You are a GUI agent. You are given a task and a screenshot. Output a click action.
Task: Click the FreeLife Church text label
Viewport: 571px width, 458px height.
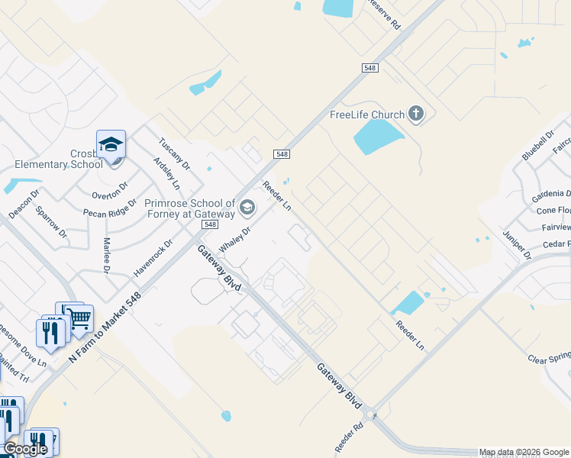(x=366, y=115)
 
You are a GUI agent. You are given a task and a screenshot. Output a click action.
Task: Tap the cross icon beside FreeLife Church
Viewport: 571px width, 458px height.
(x=416, y=114)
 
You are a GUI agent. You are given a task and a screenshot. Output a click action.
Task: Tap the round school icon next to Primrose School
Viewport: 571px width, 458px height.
(x=247, y=207)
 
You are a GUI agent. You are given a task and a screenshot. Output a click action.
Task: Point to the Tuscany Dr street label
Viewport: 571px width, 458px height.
(x=174, y=153)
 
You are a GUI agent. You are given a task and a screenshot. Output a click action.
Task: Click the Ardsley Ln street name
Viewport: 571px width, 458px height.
(x=167, y=173)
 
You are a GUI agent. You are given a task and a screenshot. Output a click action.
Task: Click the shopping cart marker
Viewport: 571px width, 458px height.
(x=79, y=316)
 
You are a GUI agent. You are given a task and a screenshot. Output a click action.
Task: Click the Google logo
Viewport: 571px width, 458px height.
(x=25, y=449)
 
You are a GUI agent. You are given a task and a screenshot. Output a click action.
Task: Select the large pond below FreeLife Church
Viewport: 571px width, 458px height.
(x=377, y=138)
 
